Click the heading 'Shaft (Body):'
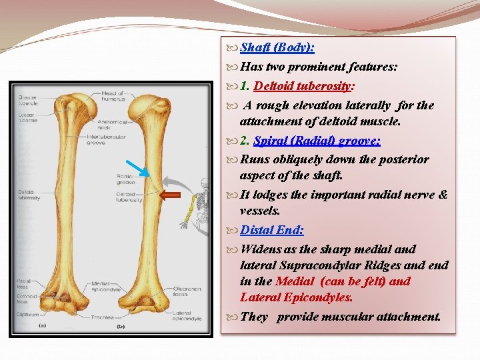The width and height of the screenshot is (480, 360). tap(277, 48)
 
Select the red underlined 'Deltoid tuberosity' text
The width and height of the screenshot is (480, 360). tap(304, 86)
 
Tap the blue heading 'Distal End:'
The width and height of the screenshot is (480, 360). tap(272, 230)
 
